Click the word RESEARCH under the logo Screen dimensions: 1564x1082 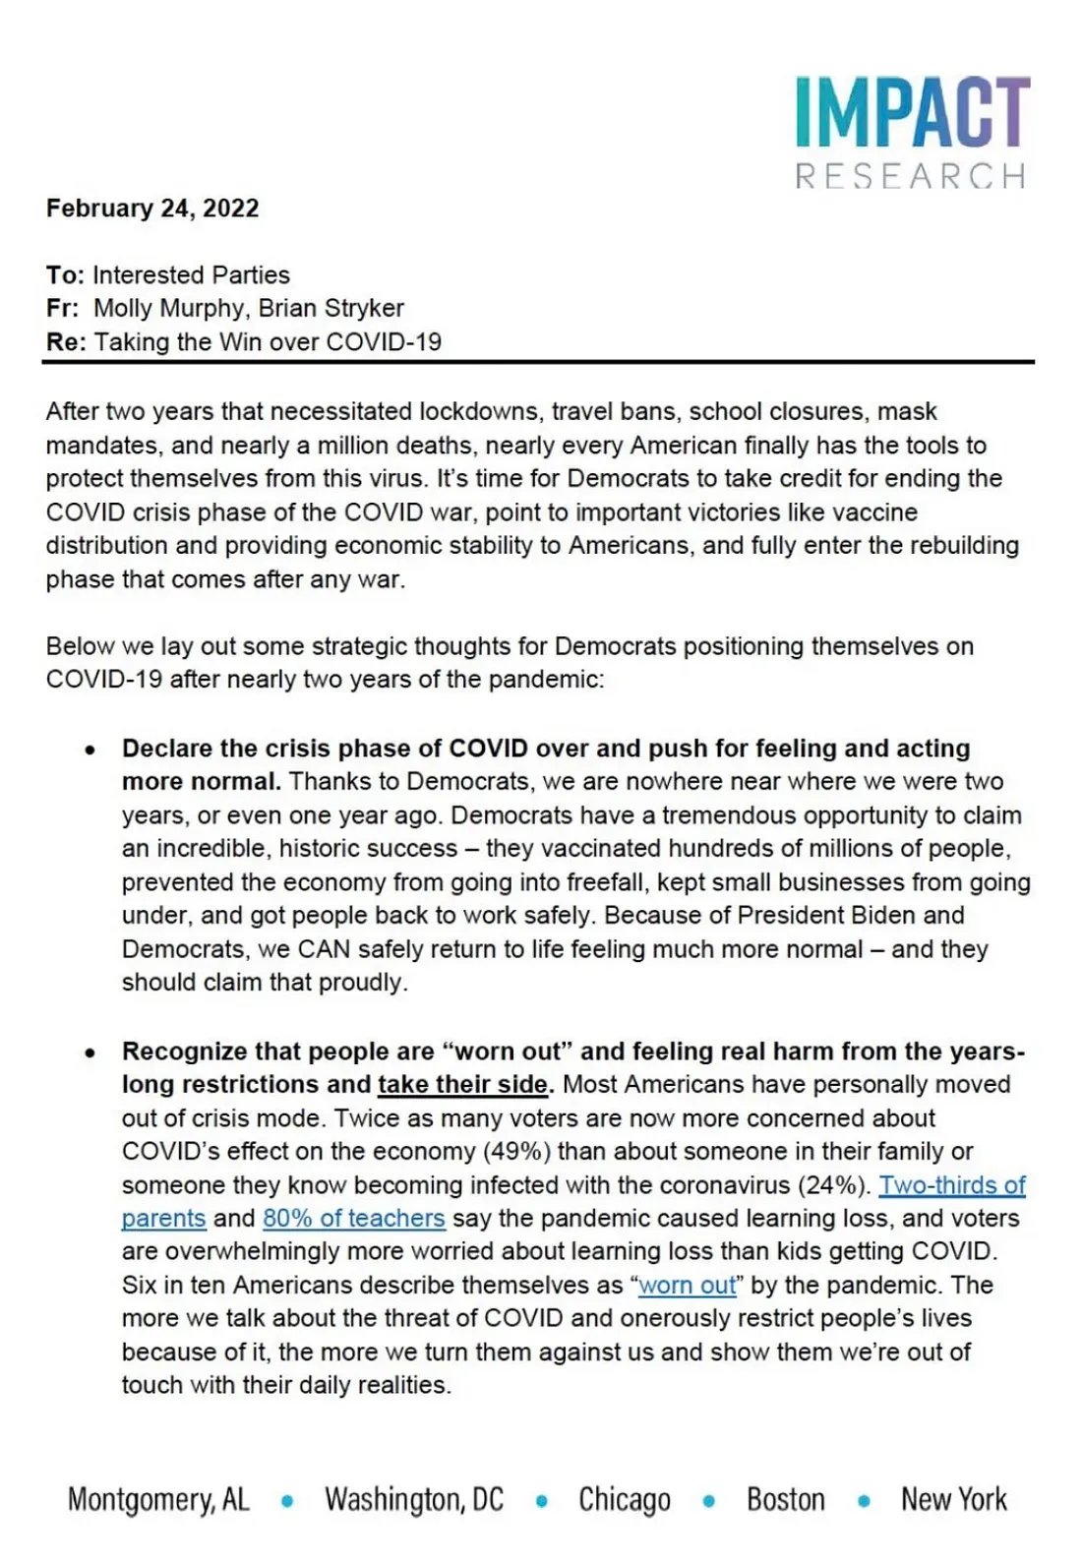tap(911, 176)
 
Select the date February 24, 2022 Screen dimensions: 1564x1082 tap(152, 209)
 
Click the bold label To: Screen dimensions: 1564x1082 tap(65, 274)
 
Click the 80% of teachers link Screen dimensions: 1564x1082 tap(353, 1218)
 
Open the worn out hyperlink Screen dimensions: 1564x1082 tap(688, 1285)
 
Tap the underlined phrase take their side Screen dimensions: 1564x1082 tap(462, 1084)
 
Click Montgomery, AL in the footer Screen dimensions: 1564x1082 tap(158, 1499)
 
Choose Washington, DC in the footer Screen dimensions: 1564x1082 tap(414, 1499)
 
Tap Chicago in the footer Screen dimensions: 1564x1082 tap(625, 1499)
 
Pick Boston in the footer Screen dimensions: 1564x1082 tap(785, 1499)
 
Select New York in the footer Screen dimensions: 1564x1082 tap(953, 1499)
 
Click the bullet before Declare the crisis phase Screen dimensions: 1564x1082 tap(90, 750)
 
